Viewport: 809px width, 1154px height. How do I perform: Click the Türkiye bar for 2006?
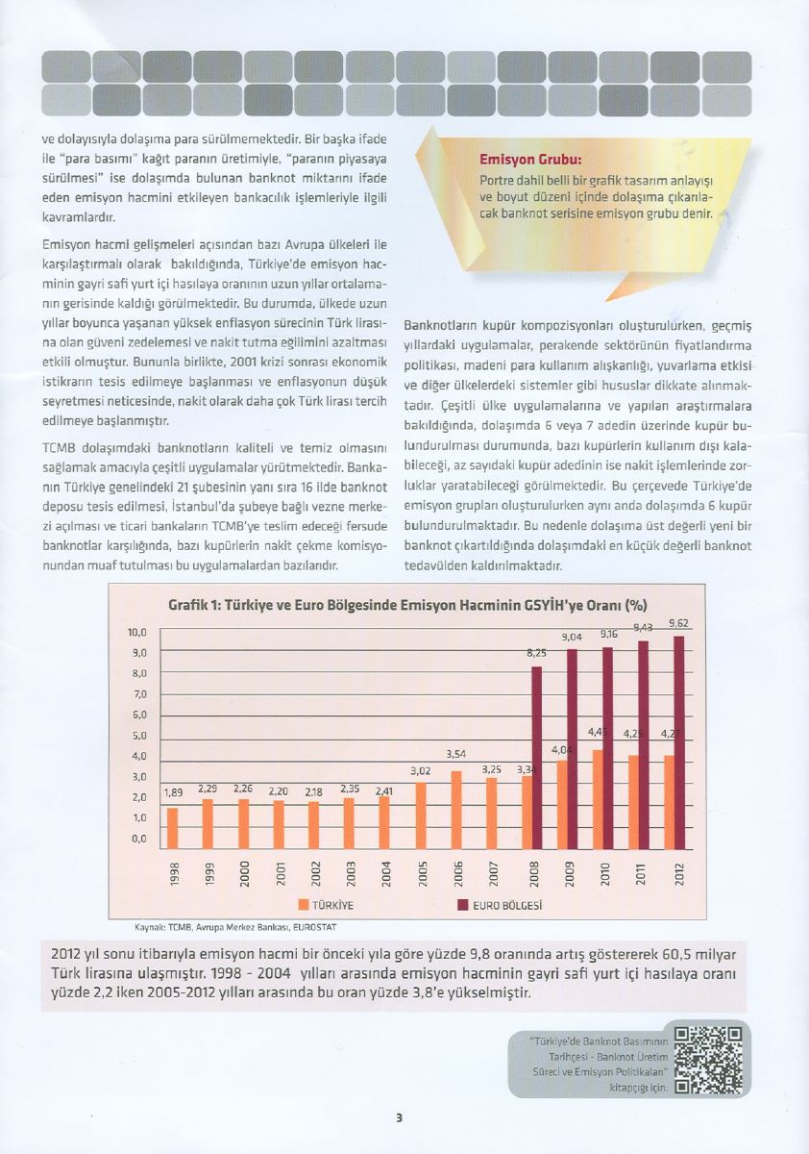tap(456, 804)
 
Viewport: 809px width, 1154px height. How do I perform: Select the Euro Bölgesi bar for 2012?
tap(680, 737)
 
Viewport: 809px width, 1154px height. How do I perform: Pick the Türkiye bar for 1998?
tap(172, 822)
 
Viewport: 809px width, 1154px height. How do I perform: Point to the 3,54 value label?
tap(456, 754)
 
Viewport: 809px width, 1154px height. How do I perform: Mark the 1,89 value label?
tap(173, 792)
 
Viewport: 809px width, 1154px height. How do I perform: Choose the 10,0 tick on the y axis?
tap(137, 632)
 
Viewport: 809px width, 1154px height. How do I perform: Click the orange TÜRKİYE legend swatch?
tap(304, 905)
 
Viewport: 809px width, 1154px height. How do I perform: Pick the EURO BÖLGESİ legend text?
tap(508, 906)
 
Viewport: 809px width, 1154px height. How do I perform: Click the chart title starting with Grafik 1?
tap(407, 606)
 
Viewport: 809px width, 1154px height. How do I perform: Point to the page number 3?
tap(399, 1117)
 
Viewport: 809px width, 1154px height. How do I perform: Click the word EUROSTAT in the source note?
tap(317, 928)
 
